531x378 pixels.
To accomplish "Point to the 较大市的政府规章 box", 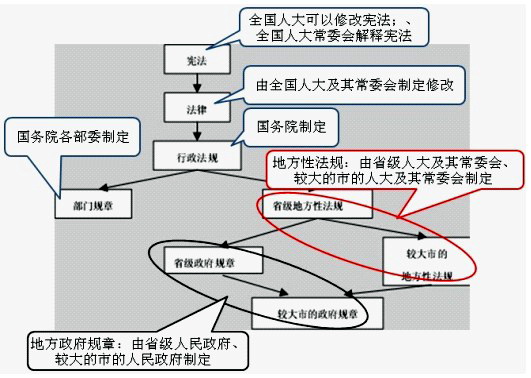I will coord(309,312).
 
